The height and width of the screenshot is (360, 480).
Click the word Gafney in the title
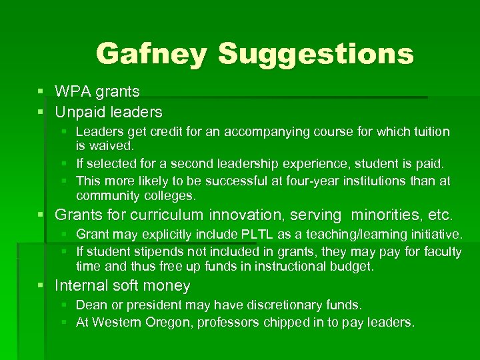click(x=152, y=53)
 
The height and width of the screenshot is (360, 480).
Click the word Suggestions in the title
click(x=316, y=55)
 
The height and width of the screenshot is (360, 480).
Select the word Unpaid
click(x=79, y=111)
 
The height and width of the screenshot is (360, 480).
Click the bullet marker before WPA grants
click(x=42, y=91)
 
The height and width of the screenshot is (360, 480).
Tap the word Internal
click(x=79, y=286)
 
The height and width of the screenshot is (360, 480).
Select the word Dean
click(x=91, y=305)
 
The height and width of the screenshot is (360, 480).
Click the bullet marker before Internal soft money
click(x=42, y=286)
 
